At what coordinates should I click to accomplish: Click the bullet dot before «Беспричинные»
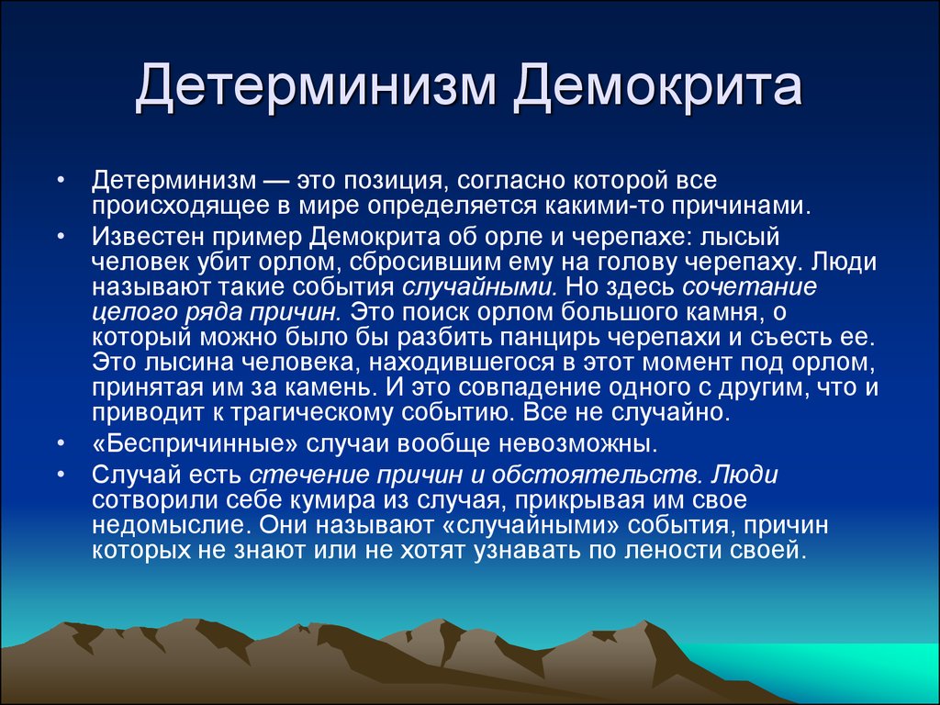62,445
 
